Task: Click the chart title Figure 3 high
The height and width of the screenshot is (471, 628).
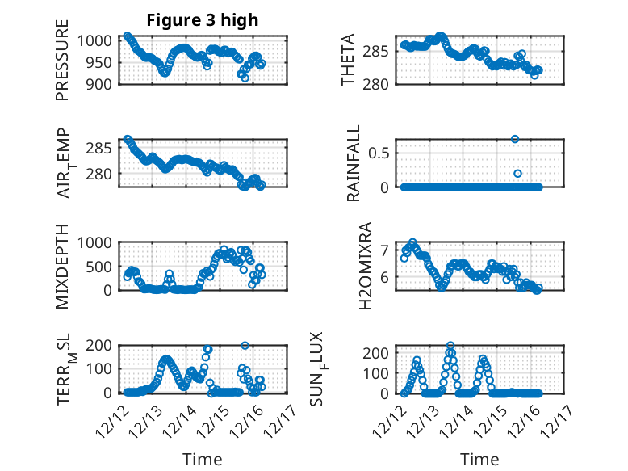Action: point(202,20)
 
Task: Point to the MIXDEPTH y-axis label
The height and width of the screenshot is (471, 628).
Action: point(62,266)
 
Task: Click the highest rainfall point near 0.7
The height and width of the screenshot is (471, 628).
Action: point(515,139)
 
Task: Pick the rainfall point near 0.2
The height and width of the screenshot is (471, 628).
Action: point(518,174)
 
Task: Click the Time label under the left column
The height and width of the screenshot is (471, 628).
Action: point(202,459)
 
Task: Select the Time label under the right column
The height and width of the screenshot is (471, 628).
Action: point(480,459)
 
